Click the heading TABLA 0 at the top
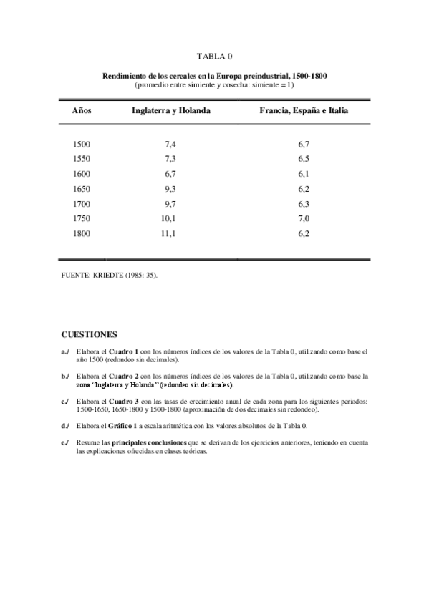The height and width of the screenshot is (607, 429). (214, 55)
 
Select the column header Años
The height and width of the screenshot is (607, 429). (82, 111)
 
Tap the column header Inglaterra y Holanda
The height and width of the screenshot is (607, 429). (170, 111)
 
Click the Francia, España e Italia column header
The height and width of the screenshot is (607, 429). (303, 111)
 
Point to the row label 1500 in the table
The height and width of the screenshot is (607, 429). (82, 144)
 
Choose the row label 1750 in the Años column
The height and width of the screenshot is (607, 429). (82, 218)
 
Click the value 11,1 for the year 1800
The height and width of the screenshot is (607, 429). (168, 233)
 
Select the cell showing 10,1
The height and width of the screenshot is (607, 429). (168, 218)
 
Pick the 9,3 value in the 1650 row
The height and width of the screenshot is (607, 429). (170, 188)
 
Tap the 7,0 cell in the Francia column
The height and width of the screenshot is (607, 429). (303, 218)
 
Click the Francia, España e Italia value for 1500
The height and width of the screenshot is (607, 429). (303, 144)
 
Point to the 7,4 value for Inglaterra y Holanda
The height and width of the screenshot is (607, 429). (170, 144)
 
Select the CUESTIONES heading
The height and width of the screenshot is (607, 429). (89, 334)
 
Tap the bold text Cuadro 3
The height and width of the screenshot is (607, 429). (120, 402)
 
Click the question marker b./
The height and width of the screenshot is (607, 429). (65, 376)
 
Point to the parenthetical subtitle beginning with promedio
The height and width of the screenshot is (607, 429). (214, 84)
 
